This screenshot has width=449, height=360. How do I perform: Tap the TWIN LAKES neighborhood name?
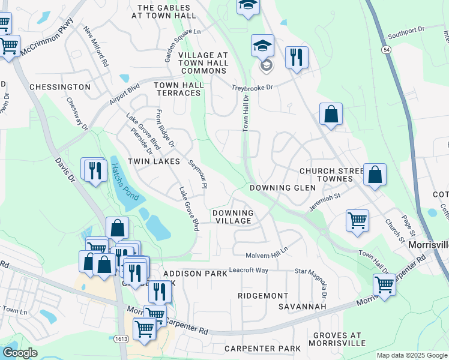(154, 162)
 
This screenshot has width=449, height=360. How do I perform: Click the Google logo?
(20, 353)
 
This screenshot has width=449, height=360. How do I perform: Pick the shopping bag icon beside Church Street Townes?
(375, 175)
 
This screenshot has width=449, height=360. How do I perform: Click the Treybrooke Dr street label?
(252, 88)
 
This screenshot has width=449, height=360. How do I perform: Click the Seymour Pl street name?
(197, 174)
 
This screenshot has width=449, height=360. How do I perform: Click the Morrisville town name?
(428, 245)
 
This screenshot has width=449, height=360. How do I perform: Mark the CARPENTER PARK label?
(262, 349)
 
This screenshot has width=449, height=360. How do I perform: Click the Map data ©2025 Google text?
(412, 355)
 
